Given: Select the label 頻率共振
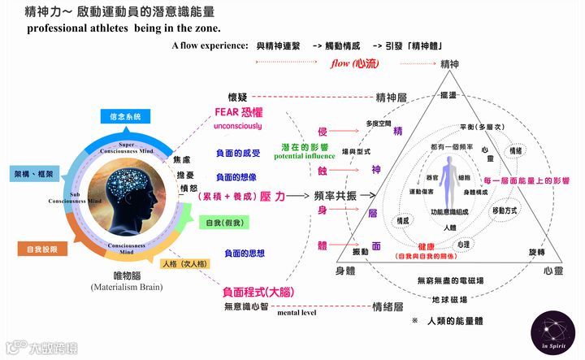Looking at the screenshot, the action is (334, 195).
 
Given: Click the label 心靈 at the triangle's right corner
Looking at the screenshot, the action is (554, 269).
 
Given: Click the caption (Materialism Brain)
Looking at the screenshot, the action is (129, 287).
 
